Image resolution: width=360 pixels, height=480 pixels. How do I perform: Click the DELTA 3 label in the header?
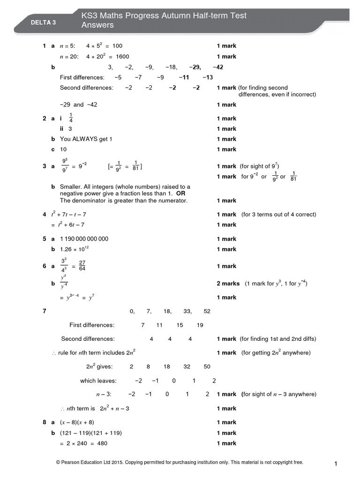point(43,22)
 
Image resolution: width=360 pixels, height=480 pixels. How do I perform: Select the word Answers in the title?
point(98,25)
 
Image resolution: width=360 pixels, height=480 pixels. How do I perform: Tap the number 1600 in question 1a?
point(122,56)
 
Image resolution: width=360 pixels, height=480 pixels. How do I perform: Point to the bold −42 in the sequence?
point(217,67)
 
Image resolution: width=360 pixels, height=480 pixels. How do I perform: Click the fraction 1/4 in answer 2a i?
point(71,118)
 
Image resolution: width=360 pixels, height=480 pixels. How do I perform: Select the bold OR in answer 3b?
point(181,194)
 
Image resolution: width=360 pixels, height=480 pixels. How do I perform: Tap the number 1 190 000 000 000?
point(84,239)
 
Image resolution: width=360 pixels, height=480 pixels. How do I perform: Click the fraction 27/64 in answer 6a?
point(82,266)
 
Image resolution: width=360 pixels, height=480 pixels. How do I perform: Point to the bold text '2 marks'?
point(228,284)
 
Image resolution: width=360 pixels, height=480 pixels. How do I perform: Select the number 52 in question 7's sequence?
point(207,311)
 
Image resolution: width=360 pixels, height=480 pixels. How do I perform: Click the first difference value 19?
point(200,325)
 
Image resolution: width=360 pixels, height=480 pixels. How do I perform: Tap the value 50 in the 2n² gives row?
point(207,367)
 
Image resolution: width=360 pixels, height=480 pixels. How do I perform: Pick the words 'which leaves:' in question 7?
point(98,381)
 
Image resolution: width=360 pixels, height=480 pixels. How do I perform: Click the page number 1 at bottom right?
point(336,464)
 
